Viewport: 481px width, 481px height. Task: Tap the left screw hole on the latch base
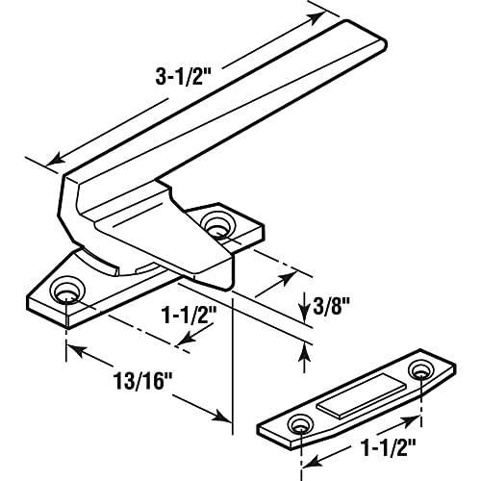coord(68,291)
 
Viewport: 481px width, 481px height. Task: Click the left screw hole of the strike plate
coord(302,422)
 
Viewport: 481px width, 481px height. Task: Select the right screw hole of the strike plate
coord(420,369)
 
